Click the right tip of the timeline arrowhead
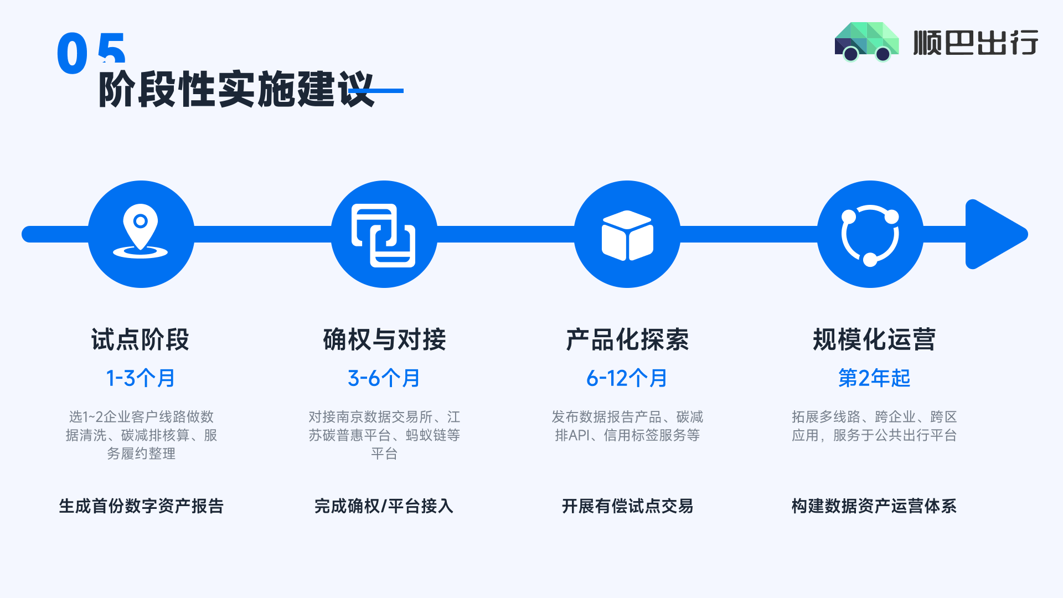pyautogui.click(x=1028, y=234)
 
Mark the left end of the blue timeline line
pyautogui.click(x=22, y=234)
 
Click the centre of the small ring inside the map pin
pyautogui.click(x=141, y=221)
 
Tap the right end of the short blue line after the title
pyautogui.click(x=403, y=91)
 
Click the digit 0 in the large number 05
pyautogui.click(x=73, y=53)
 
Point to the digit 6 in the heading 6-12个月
pyautogui.click(x=592, y=379)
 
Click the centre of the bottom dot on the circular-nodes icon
pyautogui.click(x=870, y=259)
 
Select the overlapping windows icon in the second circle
pyautogui.click(x=384, y=235)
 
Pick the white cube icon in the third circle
pyautogui.click(x=627, y=235)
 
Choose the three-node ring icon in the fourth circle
pyautogui.click(x=870, y=235)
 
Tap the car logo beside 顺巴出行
pyautogui.click(x=866, y=42)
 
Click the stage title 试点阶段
pyautogui.click(x=141, y=339)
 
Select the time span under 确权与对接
pyautogui.click(x=384, y=379)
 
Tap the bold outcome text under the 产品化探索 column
pyautogui.click(x=627, y=506)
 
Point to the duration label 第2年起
pyautogui.click(x=874, y=379)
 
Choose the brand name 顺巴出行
pyautogui.click(x=976, y=43)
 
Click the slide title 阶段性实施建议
pyautogui.click(x=236, y=89)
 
